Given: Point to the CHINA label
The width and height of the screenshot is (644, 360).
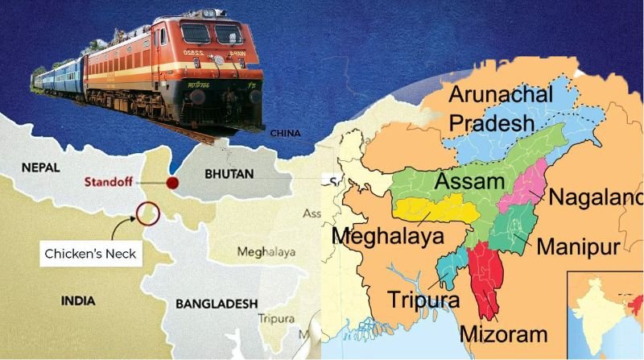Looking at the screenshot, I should coord(291,133).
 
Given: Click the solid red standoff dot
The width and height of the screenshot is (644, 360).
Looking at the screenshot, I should coord(171,183).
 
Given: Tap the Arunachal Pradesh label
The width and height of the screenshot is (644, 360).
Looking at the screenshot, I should coord(501,108).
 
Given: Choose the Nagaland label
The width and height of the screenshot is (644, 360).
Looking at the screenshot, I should coord(597,197).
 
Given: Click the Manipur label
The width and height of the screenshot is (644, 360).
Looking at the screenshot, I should coord(578,246).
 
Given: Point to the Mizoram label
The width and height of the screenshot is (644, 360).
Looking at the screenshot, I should coord(504,333).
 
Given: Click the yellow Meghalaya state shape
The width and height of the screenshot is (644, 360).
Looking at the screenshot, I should coord(431,210).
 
